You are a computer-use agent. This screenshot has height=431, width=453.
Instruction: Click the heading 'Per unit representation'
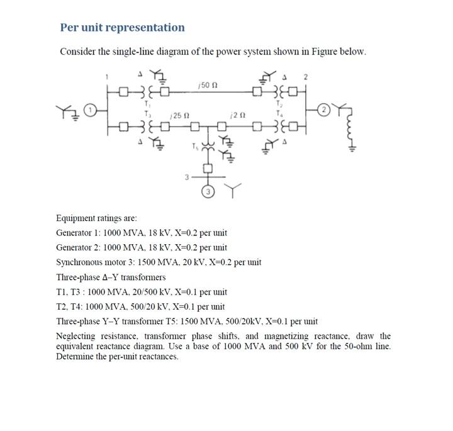pyautogui.click(x=122, y=28)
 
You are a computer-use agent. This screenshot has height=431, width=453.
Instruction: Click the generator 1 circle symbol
pyautogui.click(x=91, y=109)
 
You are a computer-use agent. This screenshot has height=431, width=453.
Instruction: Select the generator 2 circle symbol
pyautogui.click(x=324, y=109)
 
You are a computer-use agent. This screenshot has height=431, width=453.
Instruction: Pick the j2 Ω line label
pyautogui.click(x=237, y=115)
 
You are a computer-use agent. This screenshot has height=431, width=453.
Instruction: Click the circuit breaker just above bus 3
pyautogui.click(x=206, y=168)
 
